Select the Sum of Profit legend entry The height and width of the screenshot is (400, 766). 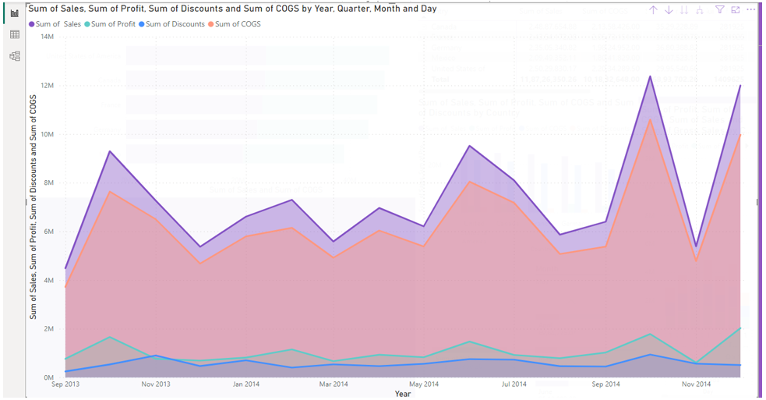click(x=112, y=24)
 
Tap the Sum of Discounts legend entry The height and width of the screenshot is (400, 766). click(x=174, y=24)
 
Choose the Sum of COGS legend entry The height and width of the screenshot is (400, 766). click(x=238, y=24)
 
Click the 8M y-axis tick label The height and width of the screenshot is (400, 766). click(x=48, y=183)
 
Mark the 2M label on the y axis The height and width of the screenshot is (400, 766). click(x=48, y=329)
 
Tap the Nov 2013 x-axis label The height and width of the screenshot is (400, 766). click(x=156, y=384)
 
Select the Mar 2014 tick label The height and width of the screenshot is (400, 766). click(x=334, y=384)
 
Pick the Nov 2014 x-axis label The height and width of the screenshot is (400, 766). click(x=695, y=384)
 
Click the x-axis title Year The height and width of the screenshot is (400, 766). click(x=402, y=394)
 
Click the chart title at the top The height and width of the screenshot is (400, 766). click(x=232, y=9)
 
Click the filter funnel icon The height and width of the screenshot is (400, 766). click(x=720, y=9)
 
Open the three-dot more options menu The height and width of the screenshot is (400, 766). click(x=750, y=9)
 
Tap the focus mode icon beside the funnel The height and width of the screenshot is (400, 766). click(x=736, y=9)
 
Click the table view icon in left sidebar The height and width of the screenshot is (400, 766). click(x=14, y=35)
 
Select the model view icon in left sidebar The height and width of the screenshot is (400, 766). click(x=14, y=56)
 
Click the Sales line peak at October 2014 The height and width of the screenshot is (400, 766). click(x=649, y=76)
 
